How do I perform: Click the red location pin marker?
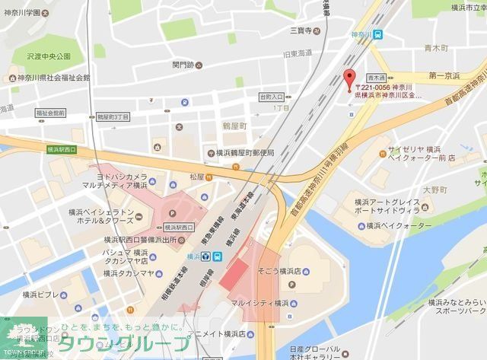pos(350,79)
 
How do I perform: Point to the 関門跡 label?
pos(184,65)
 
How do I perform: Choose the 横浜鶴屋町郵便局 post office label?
pos(244,153)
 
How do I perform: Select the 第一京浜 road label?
pos(444,76)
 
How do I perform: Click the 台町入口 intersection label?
pos(271,97)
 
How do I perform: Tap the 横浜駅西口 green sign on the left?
pos(62,150)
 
